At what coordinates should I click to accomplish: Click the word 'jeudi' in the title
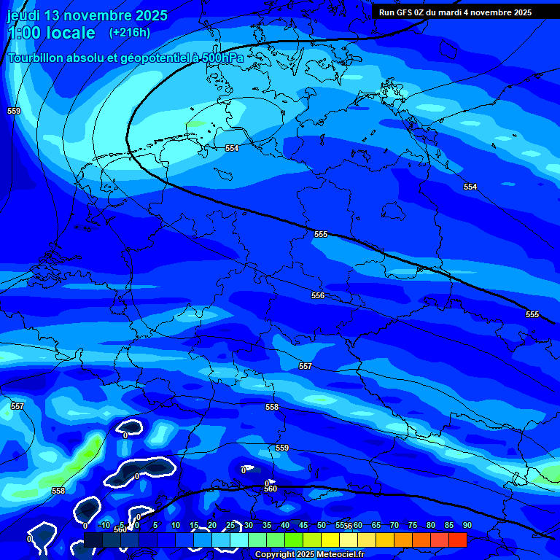[23, 15]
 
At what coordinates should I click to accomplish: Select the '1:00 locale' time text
[52, 33]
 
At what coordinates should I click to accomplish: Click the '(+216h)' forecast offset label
[130, 33]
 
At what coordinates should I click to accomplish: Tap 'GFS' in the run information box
[405, 12]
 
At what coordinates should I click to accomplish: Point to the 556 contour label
[318, 295]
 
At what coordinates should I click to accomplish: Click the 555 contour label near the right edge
[532, 314]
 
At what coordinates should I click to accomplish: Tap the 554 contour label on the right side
[470, 187]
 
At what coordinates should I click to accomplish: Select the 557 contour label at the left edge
[17, 406]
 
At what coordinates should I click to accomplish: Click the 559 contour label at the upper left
[14, 111]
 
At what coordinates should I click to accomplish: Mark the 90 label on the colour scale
[467, 525]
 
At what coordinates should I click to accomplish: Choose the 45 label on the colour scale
[303, 525]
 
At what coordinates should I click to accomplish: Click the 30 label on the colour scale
[248, 525]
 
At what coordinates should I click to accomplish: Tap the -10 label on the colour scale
[104, 525]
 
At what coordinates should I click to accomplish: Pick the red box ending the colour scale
[458, 540]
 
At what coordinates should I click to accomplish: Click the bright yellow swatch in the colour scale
[330, 540]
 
